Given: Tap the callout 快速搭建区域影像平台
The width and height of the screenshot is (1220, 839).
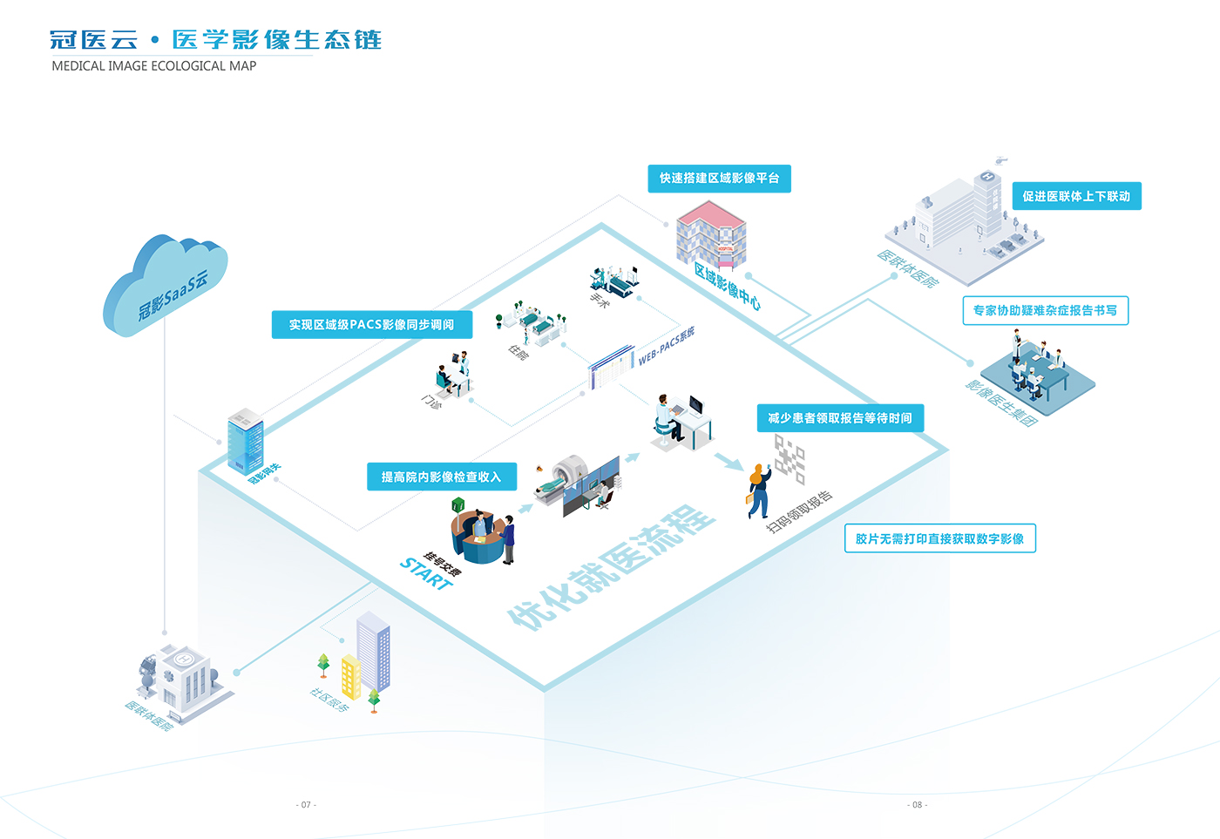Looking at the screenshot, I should pos(719,179).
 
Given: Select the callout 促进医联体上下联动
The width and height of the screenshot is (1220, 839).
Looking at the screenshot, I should pos(1076,196).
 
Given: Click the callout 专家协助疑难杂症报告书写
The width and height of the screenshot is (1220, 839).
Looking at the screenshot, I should pos(1045,311).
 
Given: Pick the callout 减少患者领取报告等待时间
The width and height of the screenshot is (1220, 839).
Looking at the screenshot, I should pos(840,418).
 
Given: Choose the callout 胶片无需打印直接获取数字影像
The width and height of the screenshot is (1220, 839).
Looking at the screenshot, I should pos(939,538).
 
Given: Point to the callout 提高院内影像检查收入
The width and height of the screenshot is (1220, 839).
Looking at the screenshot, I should pos(441,477).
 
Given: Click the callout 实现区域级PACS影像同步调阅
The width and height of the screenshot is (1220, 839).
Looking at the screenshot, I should pos(371,325).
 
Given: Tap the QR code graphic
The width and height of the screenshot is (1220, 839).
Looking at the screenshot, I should pos(790,458).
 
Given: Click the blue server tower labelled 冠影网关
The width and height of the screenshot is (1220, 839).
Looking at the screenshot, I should pos(245,441).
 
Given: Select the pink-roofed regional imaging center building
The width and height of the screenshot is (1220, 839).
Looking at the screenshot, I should pos(711,233).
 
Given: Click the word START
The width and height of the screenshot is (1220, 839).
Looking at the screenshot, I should pos(426,574).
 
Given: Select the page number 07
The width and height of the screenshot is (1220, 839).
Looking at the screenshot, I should pos(306,804).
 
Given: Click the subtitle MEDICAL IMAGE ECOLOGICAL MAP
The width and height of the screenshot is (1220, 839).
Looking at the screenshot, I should pos(154,66).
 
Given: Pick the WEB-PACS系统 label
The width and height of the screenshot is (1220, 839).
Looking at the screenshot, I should pos(667,346).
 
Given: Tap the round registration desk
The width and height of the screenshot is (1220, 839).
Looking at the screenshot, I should pos(478,540).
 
